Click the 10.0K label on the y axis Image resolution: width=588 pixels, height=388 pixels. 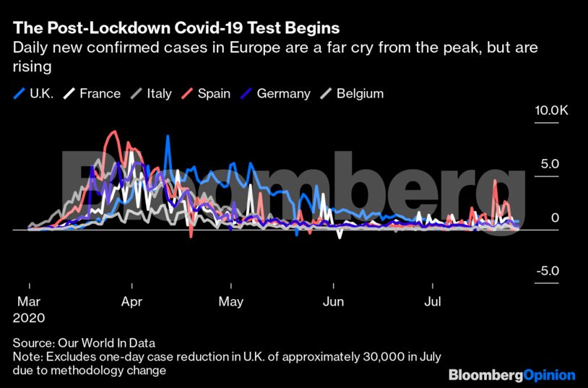[552, 111]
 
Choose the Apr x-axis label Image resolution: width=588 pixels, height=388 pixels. [131, 301]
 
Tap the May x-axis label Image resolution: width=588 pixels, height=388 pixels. [231, 301]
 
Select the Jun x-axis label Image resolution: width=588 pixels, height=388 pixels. [333, 301]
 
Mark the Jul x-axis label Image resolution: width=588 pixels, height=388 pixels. [433, 301]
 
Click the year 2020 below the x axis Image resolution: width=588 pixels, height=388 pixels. [30, 317]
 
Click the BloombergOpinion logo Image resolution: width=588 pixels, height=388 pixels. [511, 375]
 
